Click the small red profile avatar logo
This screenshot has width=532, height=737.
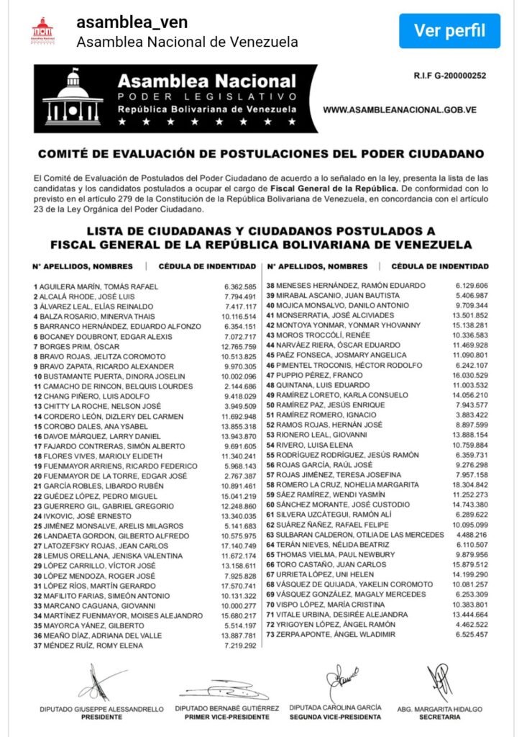click(x=42, y=31)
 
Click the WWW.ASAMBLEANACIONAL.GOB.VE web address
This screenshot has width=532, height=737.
click(x=400, y=110)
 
